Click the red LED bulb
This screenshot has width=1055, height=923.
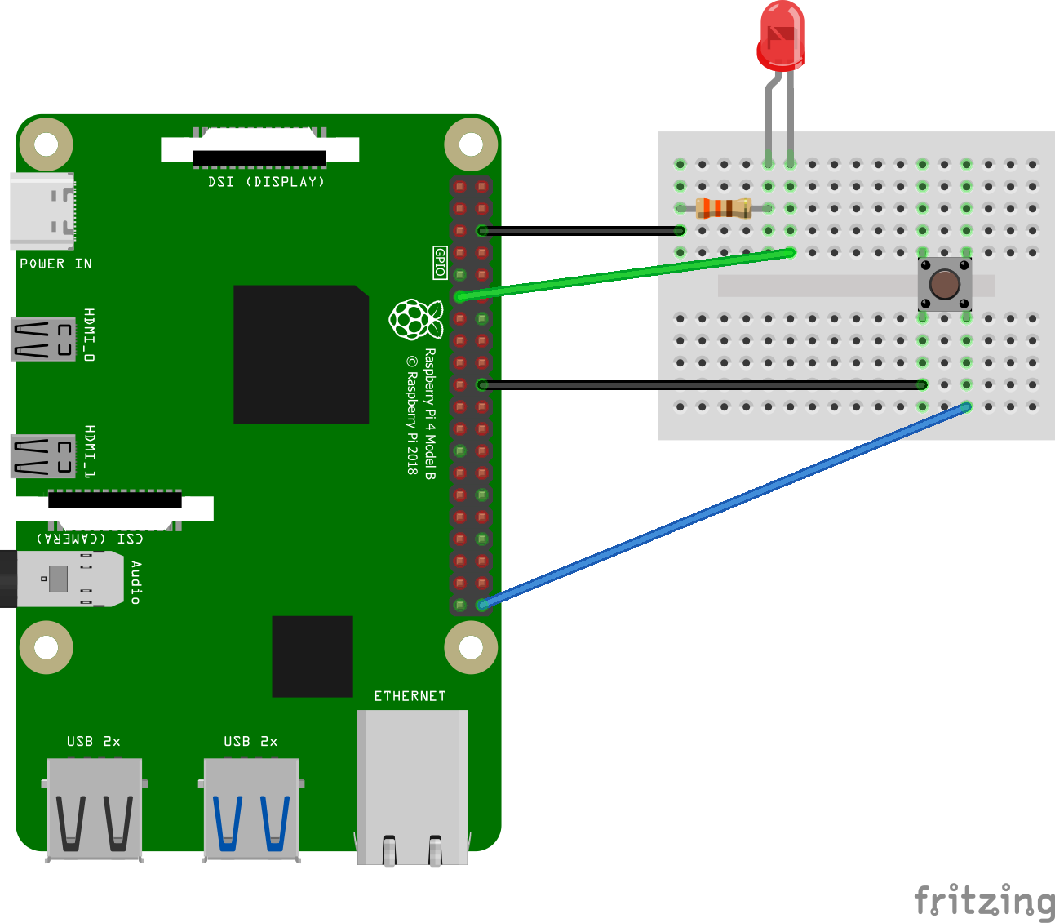pyautogui.click(x=780, y=36)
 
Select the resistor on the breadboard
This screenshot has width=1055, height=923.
pyautogui.click(x=724, y=208)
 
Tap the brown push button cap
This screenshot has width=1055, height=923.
pyautogui.click(x=945, y=284)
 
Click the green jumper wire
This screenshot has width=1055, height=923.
pyautogui.click(x=625, y=275)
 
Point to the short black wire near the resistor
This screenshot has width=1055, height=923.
pyautogui.click(x=581, y=231)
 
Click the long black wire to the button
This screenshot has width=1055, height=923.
pyautogui.click(x=702, y=384)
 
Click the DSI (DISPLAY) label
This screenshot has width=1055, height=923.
pyautogui.click(x=266, y=182)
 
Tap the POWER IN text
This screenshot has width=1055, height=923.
pyautogui.click(x=55, y=264)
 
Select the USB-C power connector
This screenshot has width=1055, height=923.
pyautogui.click(x=42, y=211)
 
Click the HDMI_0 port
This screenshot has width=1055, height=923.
pyautogui.click(x=43, y=339)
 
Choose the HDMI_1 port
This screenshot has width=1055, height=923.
pyautogui.click(x=43, y=456)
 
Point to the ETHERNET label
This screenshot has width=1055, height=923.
pyautogui.click(x=410, y=696)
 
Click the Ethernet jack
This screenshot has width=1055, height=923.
pyautogui.click(x=413, y=788)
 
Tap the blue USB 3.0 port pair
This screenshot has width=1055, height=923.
pyautogui.click(x=251, y=809)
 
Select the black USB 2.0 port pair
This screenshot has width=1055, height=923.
pyautogui.click(x=95, y=809)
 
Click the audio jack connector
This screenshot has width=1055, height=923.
pyautogui.click(x=62, y=579)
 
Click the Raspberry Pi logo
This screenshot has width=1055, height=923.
pyautogui.click(x=415, y=319)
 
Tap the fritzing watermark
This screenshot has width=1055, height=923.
pyautogui.click(x=984, y=901)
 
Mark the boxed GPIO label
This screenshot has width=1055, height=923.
pyautogui.click(x=440, y=263)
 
